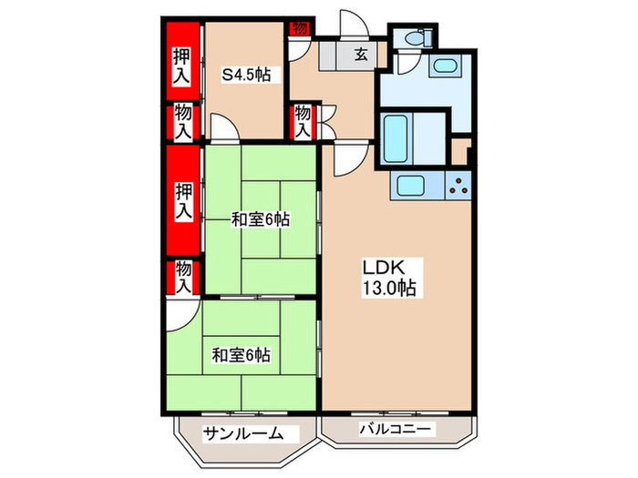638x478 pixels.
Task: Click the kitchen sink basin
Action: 411,187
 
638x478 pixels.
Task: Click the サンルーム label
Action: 238,433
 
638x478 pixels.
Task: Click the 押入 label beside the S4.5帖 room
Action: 182,65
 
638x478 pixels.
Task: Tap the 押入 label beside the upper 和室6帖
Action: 183,201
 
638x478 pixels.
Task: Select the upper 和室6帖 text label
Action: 260,219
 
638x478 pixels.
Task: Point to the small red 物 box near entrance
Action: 300,28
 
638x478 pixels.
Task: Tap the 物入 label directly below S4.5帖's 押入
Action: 183,122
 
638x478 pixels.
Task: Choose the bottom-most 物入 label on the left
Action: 183,276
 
